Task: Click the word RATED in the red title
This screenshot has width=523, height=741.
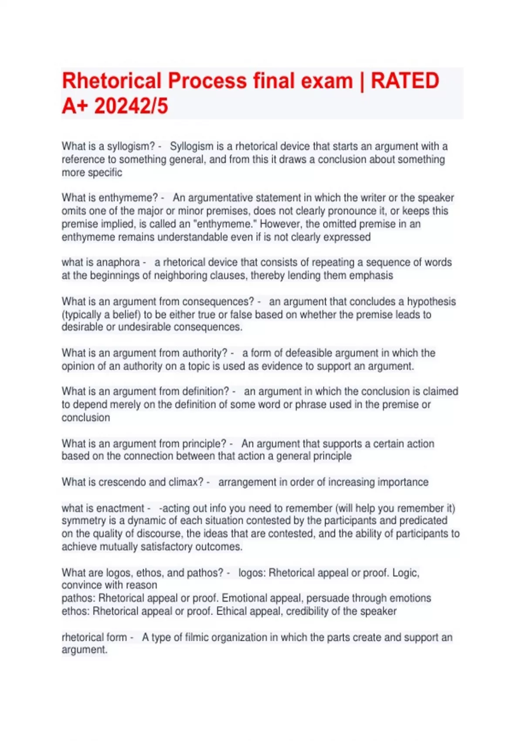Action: (x=404, y=81)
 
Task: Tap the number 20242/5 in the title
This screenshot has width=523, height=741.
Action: (x=131, y=106)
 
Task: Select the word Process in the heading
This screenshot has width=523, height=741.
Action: (x=211, y=81)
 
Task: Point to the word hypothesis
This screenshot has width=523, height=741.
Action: (x=431, y=302)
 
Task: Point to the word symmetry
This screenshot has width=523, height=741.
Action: (x=83, y=520)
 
